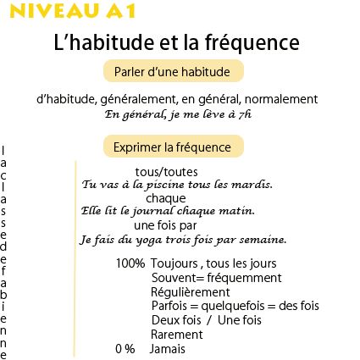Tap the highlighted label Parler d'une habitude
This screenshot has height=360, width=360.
pos(178,70)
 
